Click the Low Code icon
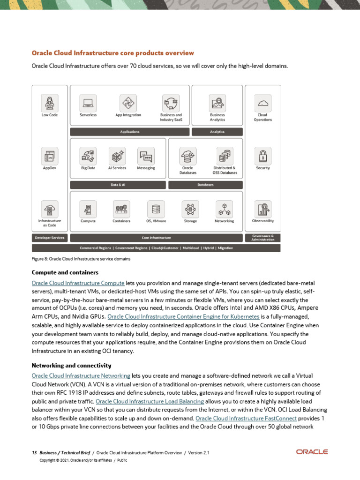pos(50,102)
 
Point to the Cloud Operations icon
pos(263,102)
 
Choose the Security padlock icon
pos(263,155)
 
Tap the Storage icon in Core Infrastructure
pos(190,209)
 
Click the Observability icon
pos(263,208)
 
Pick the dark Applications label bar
pos(130,132)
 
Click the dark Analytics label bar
pos(217,132)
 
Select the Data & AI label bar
pos(118,185)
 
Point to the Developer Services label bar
pos(50,238)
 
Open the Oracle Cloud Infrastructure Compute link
pos(78,283)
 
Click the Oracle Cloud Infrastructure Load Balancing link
pos(150,401)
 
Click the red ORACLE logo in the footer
pos(312,452)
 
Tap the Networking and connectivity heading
pos(71,365)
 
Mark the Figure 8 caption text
pos(81,259)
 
